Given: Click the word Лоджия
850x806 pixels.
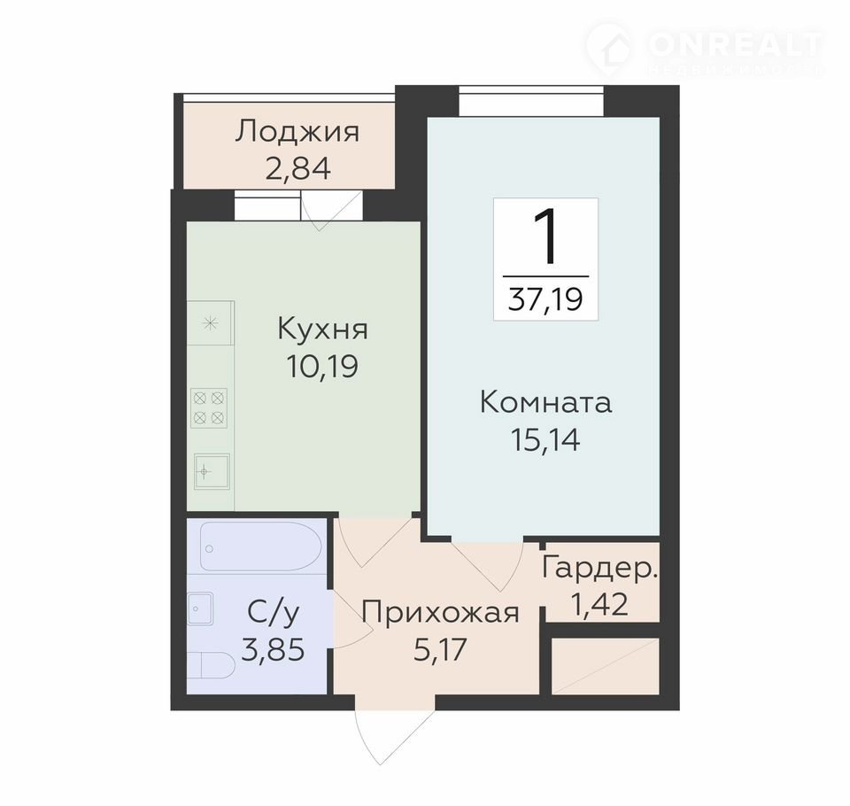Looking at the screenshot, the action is tap(297, 132).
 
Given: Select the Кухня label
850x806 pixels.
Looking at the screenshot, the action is tap(322, 329).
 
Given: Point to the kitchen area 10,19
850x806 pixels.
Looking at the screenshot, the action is tap(322, 366).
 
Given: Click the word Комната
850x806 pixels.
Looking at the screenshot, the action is tap(546, 403).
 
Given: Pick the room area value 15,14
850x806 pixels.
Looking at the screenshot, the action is tap(545, 439).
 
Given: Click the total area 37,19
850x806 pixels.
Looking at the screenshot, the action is tap(545, 298).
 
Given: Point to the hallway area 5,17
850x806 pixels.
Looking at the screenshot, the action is tap(440, 649).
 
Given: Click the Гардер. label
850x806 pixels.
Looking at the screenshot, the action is tap(600, 568).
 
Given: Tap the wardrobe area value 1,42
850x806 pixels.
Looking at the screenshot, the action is tap(600, 604).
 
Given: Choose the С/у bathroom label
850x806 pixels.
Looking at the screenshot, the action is tap(273, 614).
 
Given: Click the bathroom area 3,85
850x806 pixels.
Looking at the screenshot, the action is tap(273, 649).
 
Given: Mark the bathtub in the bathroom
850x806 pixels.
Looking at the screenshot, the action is tap(261, 546).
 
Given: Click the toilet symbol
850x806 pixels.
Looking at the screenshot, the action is tap(212, 665).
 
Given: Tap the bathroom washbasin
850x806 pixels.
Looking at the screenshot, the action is tap(201, 608).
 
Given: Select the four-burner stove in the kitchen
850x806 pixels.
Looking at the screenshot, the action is tap(209, 408).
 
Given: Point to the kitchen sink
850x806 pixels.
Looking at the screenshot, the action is tap(212, 472).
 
